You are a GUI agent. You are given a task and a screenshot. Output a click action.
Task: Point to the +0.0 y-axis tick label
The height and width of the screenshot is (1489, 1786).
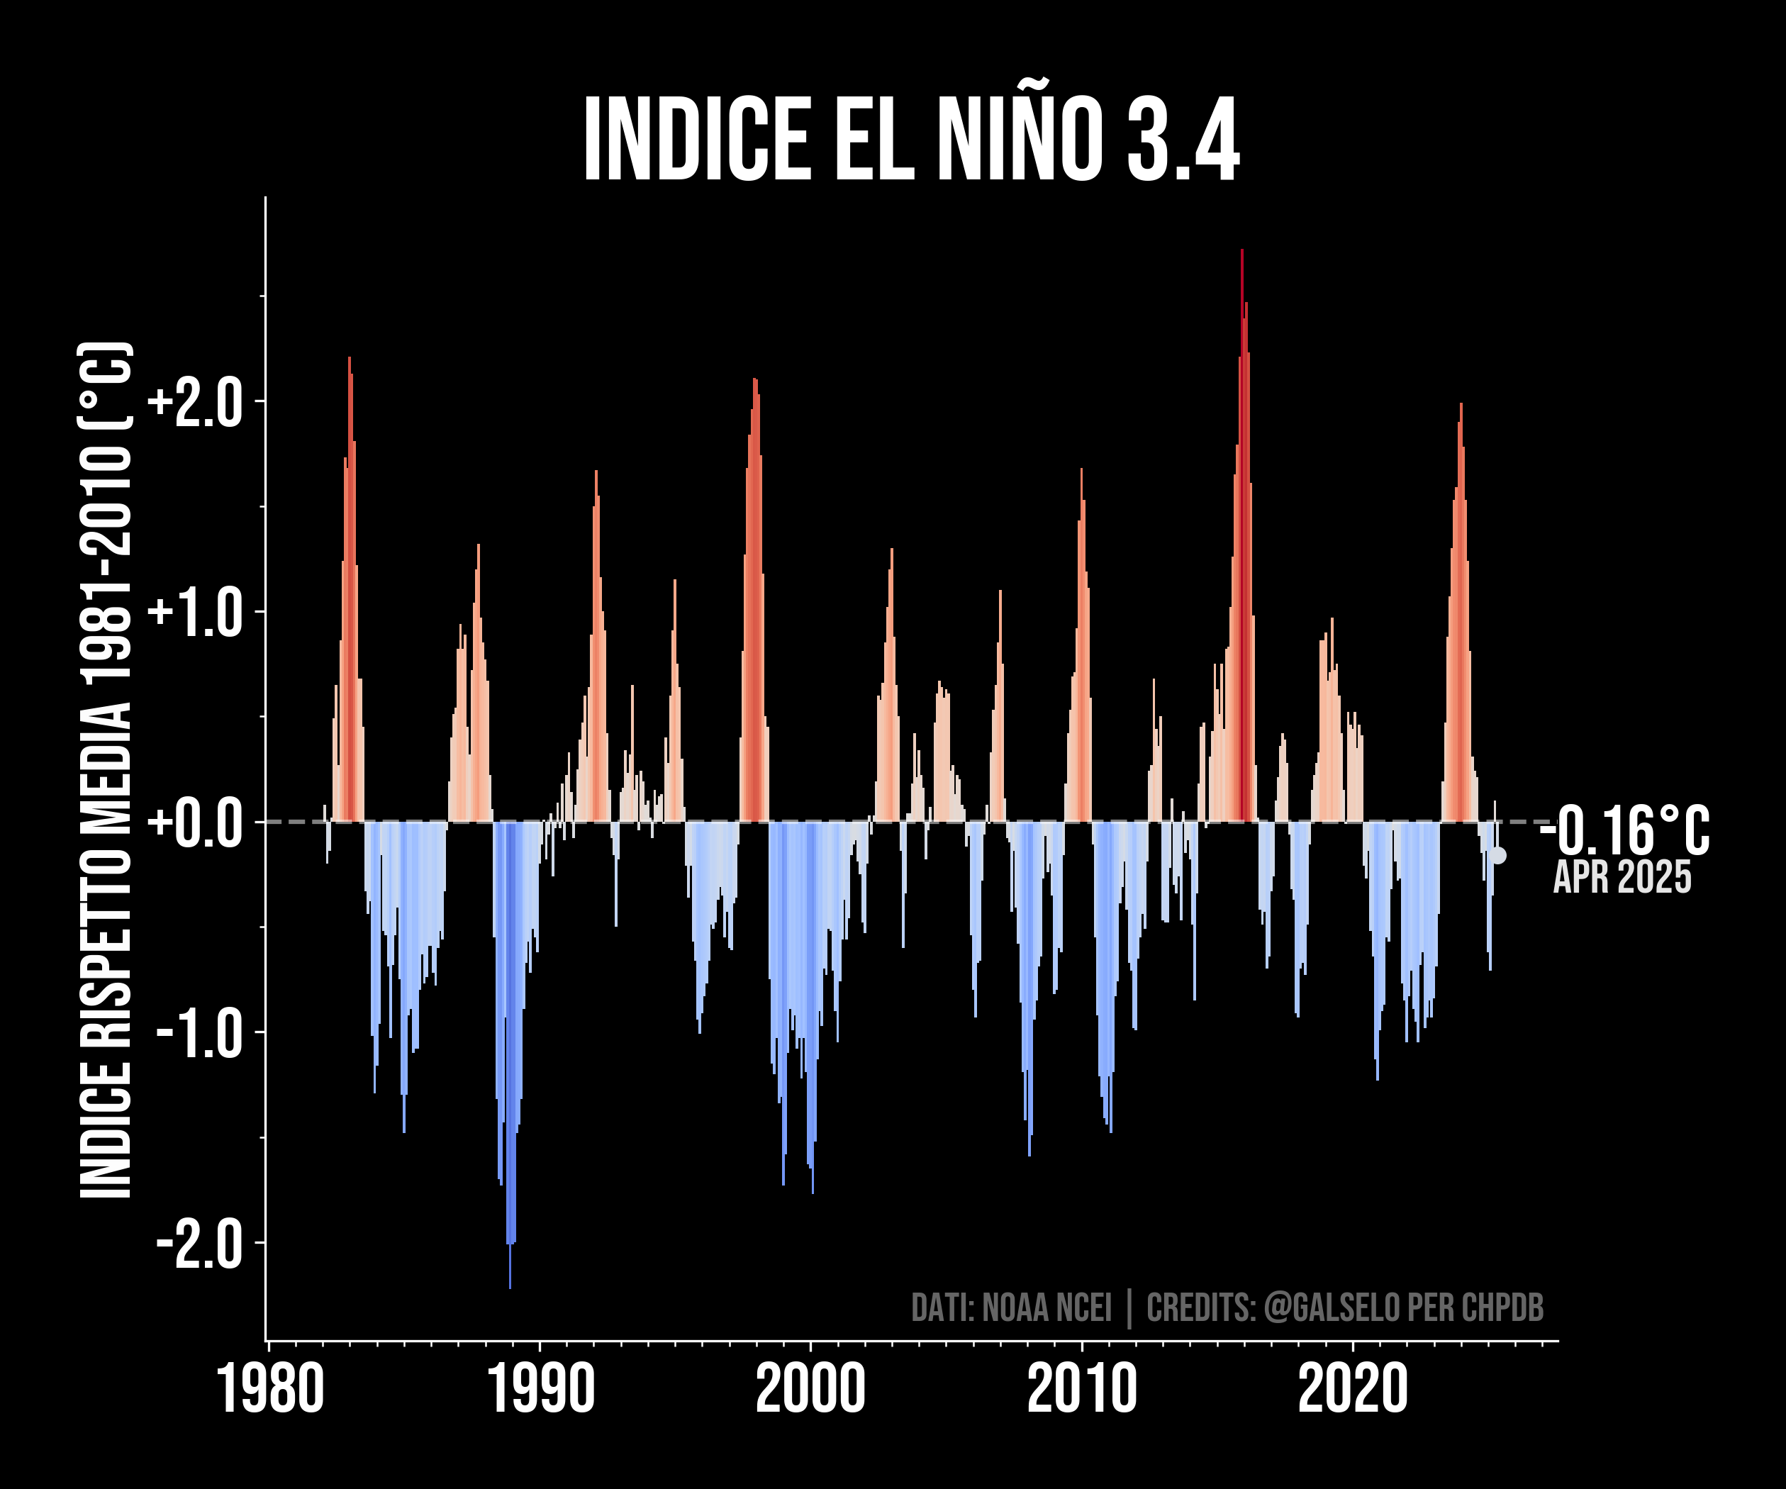coord(196,822)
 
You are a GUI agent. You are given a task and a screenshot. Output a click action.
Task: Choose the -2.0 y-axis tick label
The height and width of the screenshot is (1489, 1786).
coord(201,1242)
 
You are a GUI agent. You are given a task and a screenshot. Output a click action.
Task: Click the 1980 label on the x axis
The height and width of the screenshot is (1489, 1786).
coord(270,1388)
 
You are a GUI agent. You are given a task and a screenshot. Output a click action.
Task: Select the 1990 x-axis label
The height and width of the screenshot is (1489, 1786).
coord(541,1388)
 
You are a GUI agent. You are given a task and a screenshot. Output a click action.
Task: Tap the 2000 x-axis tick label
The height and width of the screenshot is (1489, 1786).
coord(810,1388)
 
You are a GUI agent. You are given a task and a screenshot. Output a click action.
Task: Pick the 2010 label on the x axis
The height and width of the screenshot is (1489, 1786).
coord(1082,1388)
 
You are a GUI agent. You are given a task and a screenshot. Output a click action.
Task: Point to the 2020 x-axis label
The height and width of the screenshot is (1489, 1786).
coord(1353,1388)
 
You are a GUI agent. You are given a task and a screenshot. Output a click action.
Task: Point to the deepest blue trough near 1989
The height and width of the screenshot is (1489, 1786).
coord(510,1288)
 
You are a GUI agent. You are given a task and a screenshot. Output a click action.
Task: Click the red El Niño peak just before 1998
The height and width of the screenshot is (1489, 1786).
coord(754,379)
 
